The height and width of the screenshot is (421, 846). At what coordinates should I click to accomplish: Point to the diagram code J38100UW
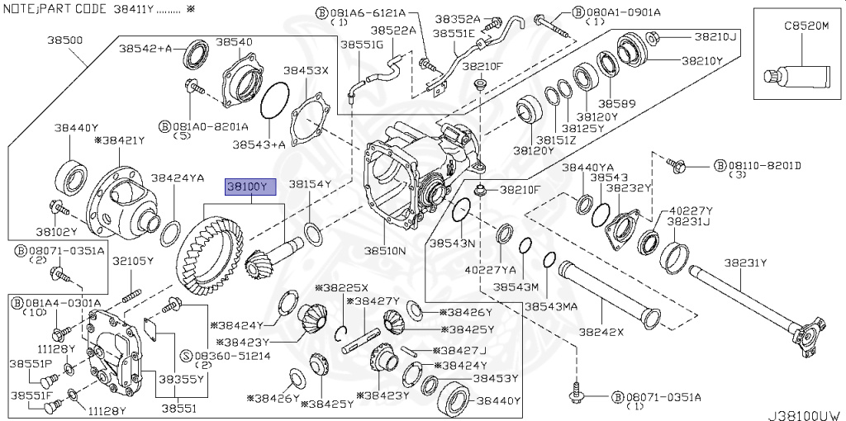(x=806, y=415)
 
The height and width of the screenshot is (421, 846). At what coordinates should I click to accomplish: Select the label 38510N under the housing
(x=384, y=250)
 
